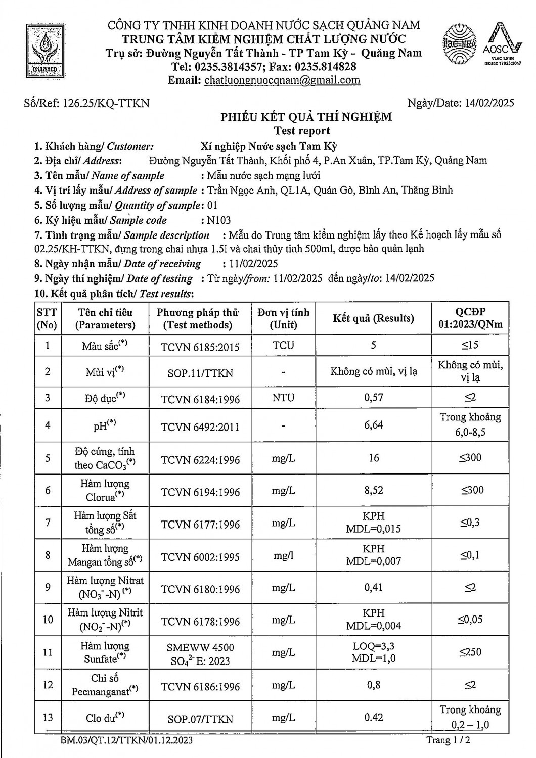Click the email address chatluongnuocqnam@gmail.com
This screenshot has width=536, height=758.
coord(282,80)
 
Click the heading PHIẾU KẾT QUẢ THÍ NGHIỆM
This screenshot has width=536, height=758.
coord(305,117)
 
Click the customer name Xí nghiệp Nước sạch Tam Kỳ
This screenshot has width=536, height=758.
coord(269,147)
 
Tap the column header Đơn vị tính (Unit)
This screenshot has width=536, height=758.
coord(283,318)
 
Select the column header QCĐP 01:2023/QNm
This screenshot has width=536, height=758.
coord(470,318)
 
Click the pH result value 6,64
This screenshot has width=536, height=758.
coord(374,425)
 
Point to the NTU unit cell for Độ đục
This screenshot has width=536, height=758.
coord(283,398)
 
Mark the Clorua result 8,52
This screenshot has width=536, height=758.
coord(374,490)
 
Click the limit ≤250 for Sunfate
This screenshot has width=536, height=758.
coord(470,652)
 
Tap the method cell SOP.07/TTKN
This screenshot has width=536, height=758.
coord(200,719)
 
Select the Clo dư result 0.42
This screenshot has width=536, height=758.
coord(374,717)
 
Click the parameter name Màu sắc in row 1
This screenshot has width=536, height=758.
coord(104,346)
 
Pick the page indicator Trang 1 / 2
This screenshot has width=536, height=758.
coord(452,740)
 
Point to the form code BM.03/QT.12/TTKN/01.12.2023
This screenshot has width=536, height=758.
coord(126,740)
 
